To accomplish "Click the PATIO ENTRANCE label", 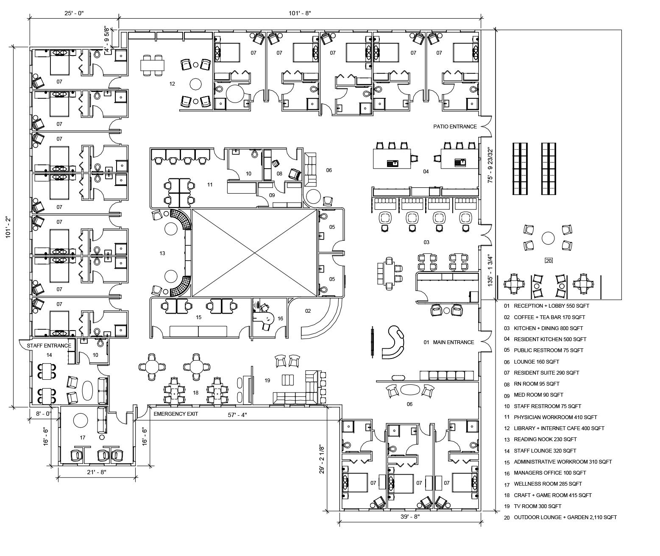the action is coord(455,126).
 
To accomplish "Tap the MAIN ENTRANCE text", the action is coord(453,342).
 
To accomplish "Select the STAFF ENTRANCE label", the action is coord(49,345).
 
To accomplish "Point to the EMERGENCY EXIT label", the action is coord(176,414).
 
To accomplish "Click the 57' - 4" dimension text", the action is coord(237,415).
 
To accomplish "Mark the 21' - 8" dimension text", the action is coord(96,472).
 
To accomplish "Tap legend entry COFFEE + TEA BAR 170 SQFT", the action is coord(549,317).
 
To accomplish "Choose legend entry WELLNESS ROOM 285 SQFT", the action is coord(548,484).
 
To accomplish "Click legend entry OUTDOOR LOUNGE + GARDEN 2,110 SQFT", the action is coord(565,517).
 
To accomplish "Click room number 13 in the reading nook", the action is coord(162,253).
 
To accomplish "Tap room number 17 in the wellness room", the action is coord(83,437).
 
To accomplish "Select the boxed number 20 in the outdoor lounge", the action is coord(549,261).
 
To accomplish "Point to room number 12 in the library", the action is coord(172,84).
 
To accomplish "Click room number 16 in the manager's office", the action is coord(280,318).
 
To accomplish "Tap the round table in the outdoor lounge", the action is coord(548,238).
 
